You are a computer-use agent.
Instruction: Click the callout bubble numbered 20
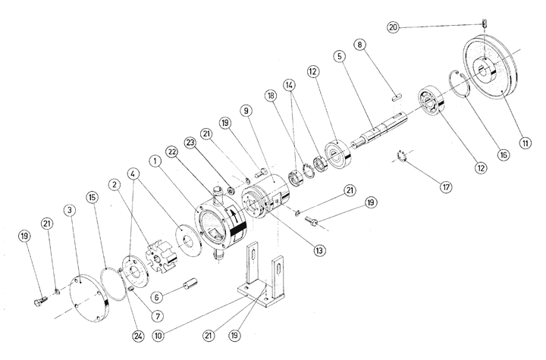[393, 27]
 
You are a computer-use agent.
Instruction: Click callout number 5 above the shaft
[339, 56]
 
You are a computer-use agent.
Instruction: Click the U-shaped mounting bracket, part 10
[257, 277]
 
